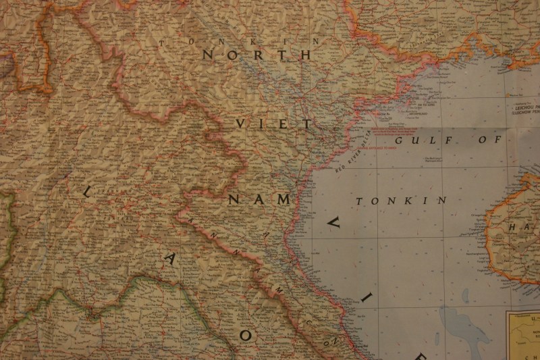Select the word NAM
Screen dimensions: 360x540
click(x=261, y=199)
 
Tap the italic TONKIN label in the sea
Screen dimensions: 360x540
click(x=402, y=201)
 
